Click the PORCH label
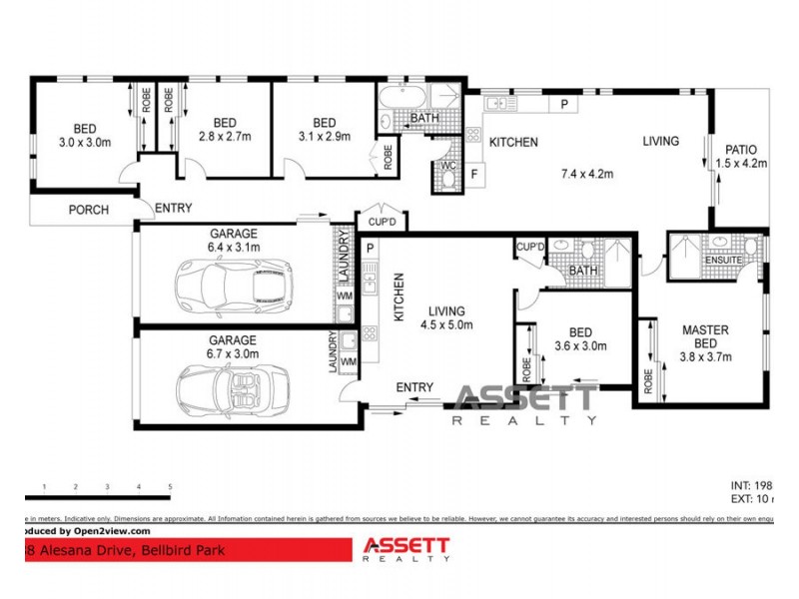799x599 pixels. [x=88, y=210]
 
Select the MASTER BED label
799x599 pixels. [x=705, y=336]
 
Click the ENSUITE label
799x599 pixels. [x=724, y=260]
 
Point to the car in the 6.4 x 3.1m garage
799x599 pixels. [x=231, y=285]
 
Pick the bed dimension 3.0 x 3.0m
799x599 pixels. [x=84, y=143]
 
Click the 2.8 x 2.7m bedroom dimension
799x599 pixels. [x=224, y=137]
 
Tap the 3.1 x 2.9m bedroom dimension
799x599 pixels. [x=324, y=137]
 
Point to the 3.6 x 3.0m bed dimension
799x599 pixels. [x=580, y=346]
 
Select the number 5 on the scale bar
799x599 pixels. [x=170, y=487]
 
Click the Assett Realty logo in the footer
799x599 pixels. [x=404, y=550]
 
